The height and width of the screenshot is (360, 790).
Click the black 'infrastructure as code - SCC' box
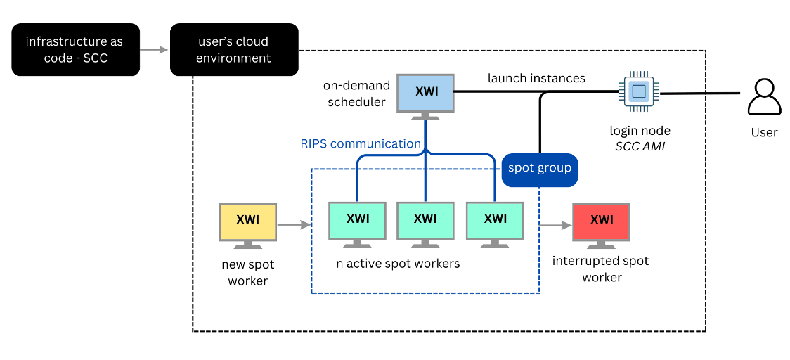click(75, 50)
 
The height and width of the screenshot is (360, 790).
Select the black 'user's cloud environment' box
click(234, 50)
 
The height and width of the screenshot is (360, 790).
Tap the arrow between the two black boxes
click(155, 50)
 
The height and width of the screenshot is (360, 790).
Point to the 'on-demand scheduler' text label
click(356, 94)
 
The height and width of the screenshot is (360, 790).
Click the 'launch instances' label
click(536, 78)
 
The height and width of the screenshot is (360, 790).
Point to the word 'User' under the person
click(764, 132)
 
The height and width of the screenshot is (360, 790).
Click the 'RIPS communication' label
click(360, 143)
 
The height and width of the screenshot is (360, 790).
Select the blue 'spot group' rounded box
click(540, 169)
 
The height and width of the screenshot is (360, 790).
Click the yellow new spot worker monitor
click(248, 222)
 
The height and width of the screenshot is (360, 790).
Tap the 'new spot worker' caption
click(248, 273)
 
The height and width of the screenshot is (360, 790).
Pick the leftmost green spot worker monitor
click(357, 221)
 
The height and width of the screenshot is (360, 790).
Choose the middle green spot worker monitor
click(425, 221)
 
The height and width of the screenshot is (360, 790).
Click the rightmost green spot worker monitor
click(495, 221)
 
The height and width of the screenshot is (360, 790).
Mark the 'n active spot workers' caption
click(398, 264)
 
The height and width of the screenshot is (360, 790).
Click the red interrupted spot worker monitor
click(602, 222)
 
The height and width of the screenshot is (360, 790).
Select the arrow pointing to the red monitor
click(555, 226)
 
